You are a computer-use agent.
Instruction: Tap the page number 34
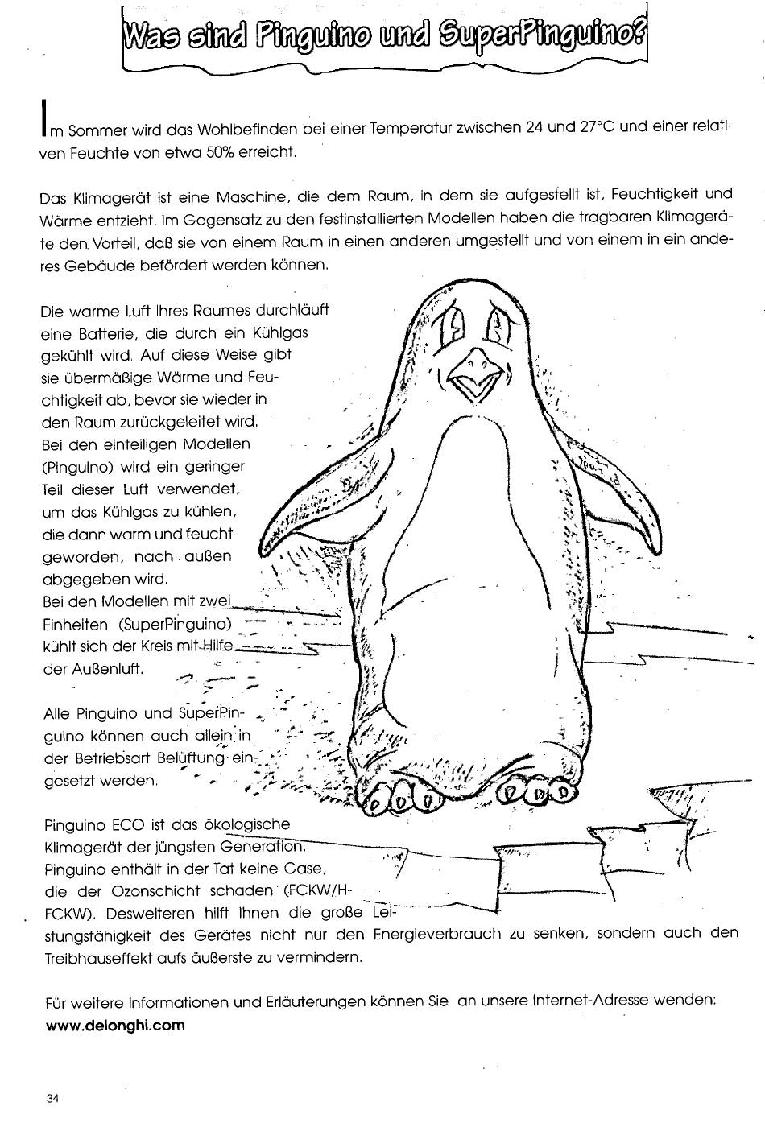[x=54, y=1098]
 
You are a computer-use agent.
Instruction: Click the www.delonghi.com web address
[x=115, y=1026]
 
